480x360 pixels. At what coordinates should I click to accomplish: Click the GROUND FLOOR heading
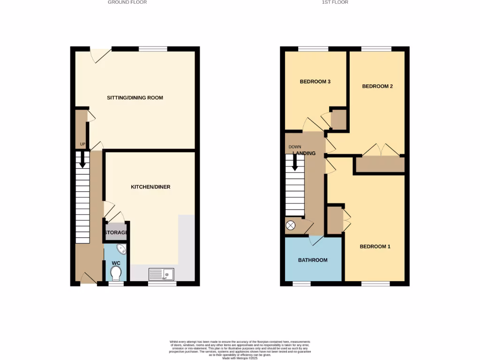click(x=127, y=2)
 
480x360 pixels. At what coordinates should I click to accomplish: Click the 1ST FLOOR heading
click(x=335, y=2)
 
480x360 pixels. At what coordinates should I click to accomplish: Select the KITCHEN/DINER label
click(x=150, y=187)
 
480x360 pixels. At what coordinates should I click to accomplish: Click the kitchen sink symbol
click(x=161, y=274)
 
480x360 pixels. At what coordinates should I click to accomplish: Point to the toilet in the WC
click(x=116, y=272)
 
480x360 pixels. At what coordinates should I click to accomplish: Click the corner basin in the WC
click(x=121, y=249)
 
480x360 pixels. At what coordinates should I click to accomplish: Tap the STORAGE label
click(x=116, y=232)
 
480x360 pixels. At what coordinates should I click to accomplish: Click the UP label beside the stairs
click(x=82, y=144)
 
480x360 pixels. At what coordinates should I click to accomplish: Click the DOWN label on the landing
click(x=295, y=147)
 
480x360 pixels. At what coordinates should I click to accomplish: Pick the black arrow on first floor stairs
click(x=295, y=163)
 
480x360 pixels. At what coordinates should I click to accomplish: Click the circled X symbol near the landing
click(x=291, y=225)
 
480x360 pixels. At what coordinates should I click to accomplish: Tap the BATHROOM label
click(x=313, y=260)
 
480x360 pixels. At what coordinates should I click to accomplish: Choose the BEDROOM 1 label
click(x=375, y=247)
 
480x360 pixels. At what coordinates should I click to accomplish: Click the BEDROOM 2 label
click(x=377, y=86)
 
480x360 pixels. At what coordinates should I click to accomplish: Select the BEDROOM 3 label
click(x=315, y=82)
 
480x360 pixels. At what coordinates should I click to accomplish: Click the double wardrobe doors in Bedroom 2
click(x=381, y=150)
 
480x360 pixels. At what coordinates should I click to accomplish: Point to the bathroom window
click(x=298, y=284)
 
